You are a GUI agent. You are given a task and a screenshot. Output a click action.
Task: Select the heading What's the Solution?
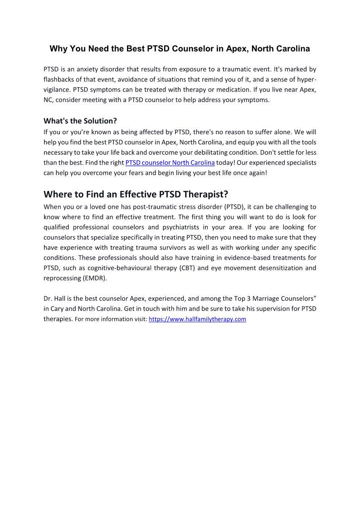tap(80, 121)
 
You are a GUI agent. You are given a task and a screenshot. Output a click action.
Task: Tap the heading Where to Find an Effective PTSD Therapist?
tap(136, 194)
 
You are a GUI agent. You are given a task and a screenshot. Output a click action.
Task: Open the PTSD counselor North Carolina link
tap(170, 162)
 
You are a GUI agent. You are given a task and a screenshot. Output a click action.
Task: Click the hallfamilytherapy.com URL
tap(197, 319)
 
